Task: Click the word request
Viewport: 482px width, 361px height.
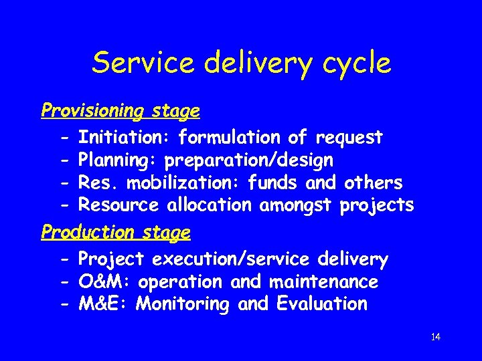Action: coord(349,138)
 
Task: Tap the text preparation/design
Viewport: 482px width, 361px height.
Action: coord(248,161)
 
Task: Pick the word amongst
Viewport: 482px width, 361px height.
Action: coord(295,205)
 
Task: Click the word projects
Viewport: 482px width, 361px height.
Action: coord(377,205)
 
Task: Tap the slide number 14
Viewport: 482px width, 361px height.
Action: coord(435,337)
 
